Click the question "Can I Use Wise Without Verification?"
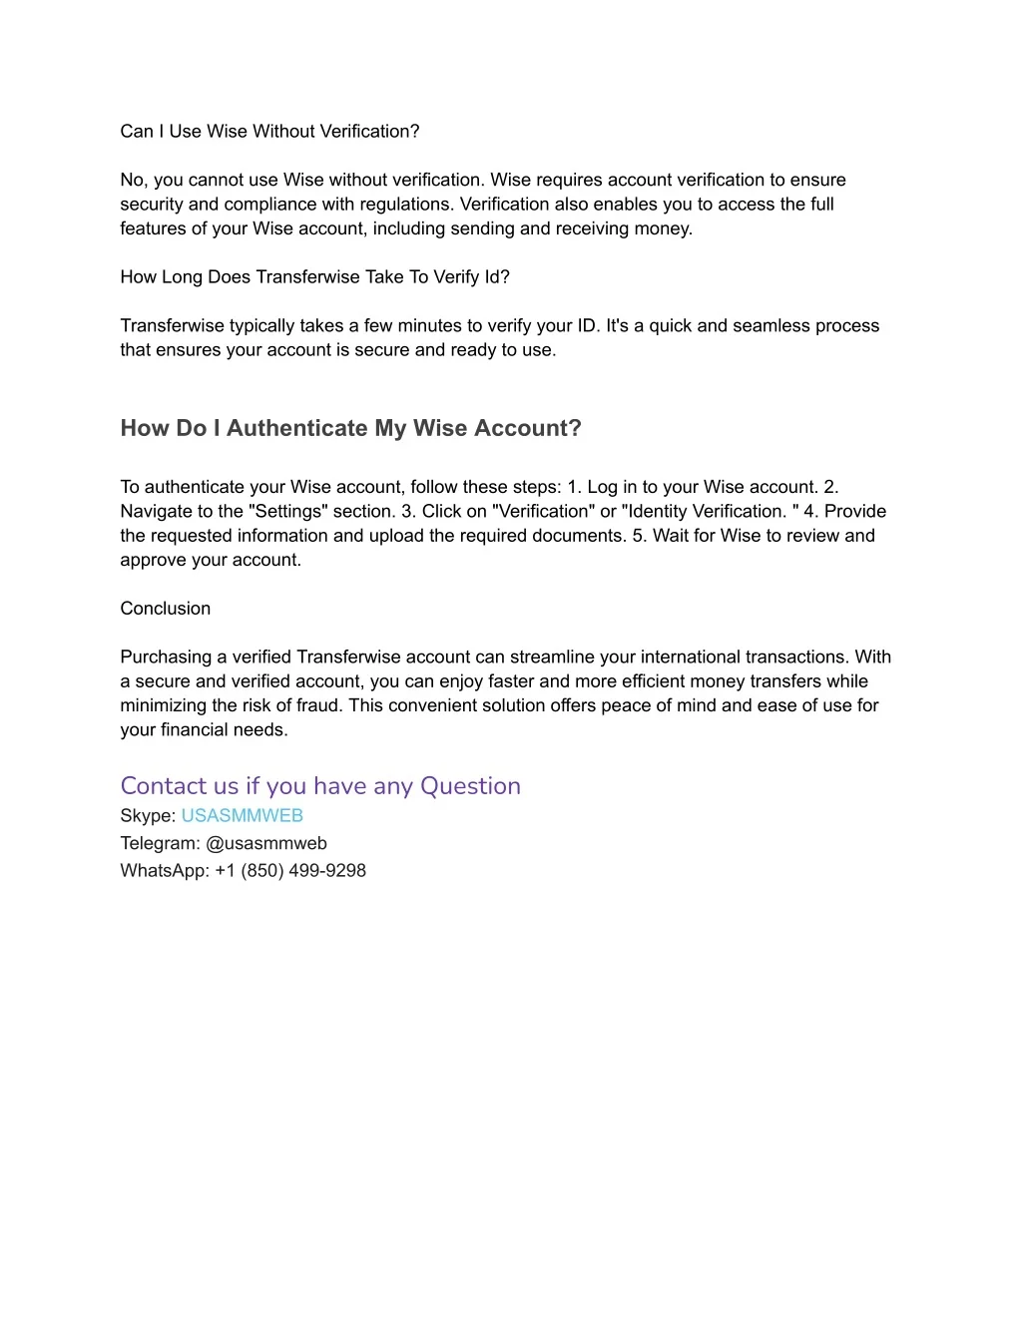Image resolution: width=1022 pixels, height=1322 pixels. pyautogui.click(x=269, y=132)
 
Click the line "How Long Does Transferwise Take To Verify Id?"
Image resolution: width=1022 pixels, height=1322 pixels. pyautogui.click(x=314, y=277)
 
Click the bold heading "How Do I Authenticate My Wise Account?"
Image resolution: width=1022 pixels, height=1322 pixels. pyautogui.click(x=350, y=429)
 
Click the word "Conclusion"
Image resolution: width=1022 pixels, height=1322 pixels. pyautogui.click(x=165, y=609)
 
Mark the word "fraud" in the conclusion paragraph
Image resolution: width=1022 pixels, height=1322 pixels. pyautogui.click(x=318, y=706)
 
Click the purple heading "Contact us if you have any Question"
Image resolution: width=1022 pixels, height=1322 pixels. pyautogui.click(x=320, y=786)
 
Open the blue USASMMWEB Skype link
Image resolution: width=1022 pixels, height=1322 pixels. pyautogui.click(x=242, y=816)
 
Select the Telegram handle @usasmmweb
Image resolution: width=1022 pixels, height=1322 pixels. pyautogui.click(x=266, y=844)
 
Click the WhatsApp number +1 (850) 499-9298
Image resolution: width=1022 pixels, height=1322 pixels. pyautogui.click(x=290, y=871)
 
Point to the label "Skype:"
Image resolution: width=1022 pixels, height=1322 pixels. pyautogui.click(x=148, y=816)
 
